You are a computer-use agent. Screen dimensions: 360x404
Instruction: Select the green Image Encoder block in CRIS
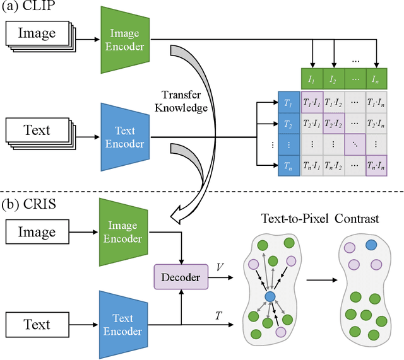[x=124, y=231]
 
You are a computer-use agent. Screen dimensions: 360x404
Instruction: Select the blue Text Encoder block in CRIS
[x=124, y=323]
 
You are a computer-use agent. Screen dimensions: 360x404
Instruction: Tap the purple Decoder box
[x=182, y=277]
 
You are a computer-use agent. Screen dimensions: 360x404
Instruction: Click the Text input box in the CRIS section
[x=37, y=325]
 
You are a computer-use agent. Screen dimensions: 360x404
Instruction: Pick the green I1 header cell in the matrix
[x=312, y=80]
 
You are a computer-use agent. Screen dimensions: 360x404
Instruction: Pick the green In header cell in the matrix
[x=377, y=80]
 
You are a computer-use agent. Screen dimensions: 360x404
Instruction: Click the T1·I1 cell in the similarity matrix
[x=312, y=101]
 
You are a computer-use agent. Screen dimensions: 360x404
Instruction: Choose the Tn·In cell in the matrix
[x=377, y=166]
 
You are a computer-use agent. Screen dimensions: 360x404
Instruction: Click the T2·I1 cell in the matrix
[x=312, y=122]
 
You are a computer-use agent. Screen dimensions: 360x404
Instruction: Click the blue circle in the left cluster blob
[x=270, y=296]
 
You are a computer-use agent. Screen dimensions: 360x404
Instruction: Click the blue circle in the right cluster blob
[x=371, y=245]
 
